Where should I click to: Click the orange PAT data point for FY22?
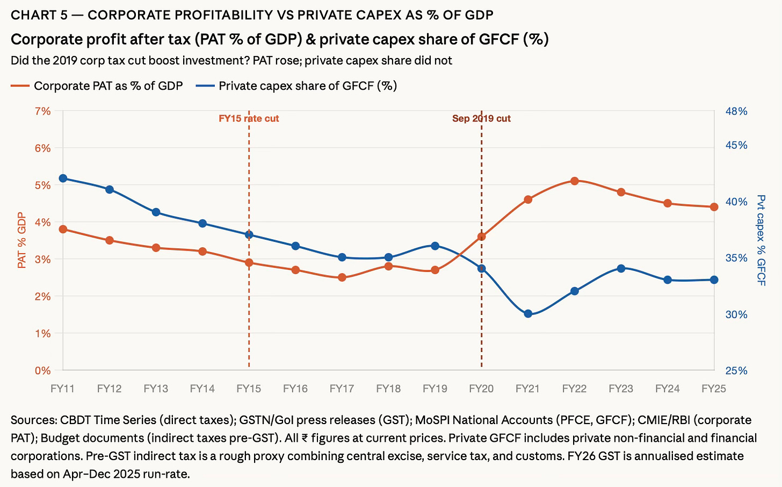[574, 181]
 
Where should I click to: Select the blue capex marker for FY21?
[527, 314]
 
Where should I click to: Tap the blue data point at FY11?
[63, 178]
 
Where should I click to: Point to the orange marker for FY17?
[342, 277]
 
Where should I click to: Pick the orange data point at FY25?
[714, 207]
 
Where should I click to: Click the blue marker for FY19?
[435, 246]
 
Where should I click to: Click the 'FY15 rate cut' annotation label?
[249, 119]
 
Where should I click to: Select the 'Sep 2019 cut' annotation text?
[481, 119]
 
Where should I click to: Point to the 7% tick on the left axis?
[42, 111]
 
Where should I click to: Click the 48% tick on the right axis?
[736, 111]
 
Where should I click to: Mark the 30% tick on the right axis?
[736, 314]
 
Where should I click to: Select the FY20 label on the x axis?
[481, 389]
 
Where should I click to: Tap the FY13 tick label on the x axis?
[156, 389]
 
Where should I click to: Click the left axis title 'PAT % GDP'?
[22, 240]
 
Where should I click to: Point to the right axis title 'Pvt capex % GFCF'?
[761, 240]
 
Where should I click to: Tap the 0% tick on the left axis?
[42, 370]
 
